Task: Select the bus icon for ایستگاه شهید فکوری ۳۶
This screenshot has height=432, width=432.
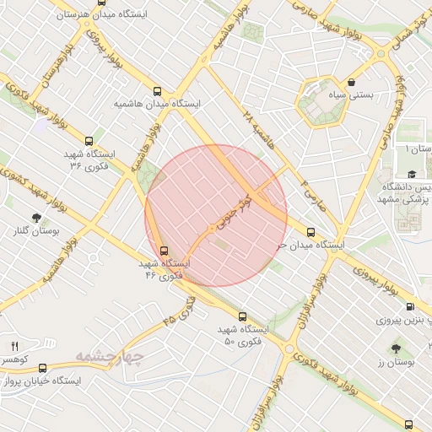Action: [x=89, y=141]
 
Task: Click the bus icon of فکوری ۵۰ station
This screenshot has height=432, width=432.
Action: [x=242, y=316]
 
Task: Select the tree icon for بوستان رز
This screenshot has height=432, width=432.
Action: [x=395, y=348]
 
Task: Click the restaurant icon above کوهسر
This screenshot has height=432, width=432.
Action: [x=14, y=347]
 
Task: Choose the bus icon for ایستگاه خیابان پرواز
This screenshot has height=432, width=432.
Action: [x=41, y=368]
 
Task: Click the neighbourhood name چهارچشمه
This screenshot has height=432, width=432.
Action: [x=109, y=356]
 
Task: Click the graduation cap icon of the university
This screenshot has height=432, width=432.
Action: [x=411, y=174]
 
